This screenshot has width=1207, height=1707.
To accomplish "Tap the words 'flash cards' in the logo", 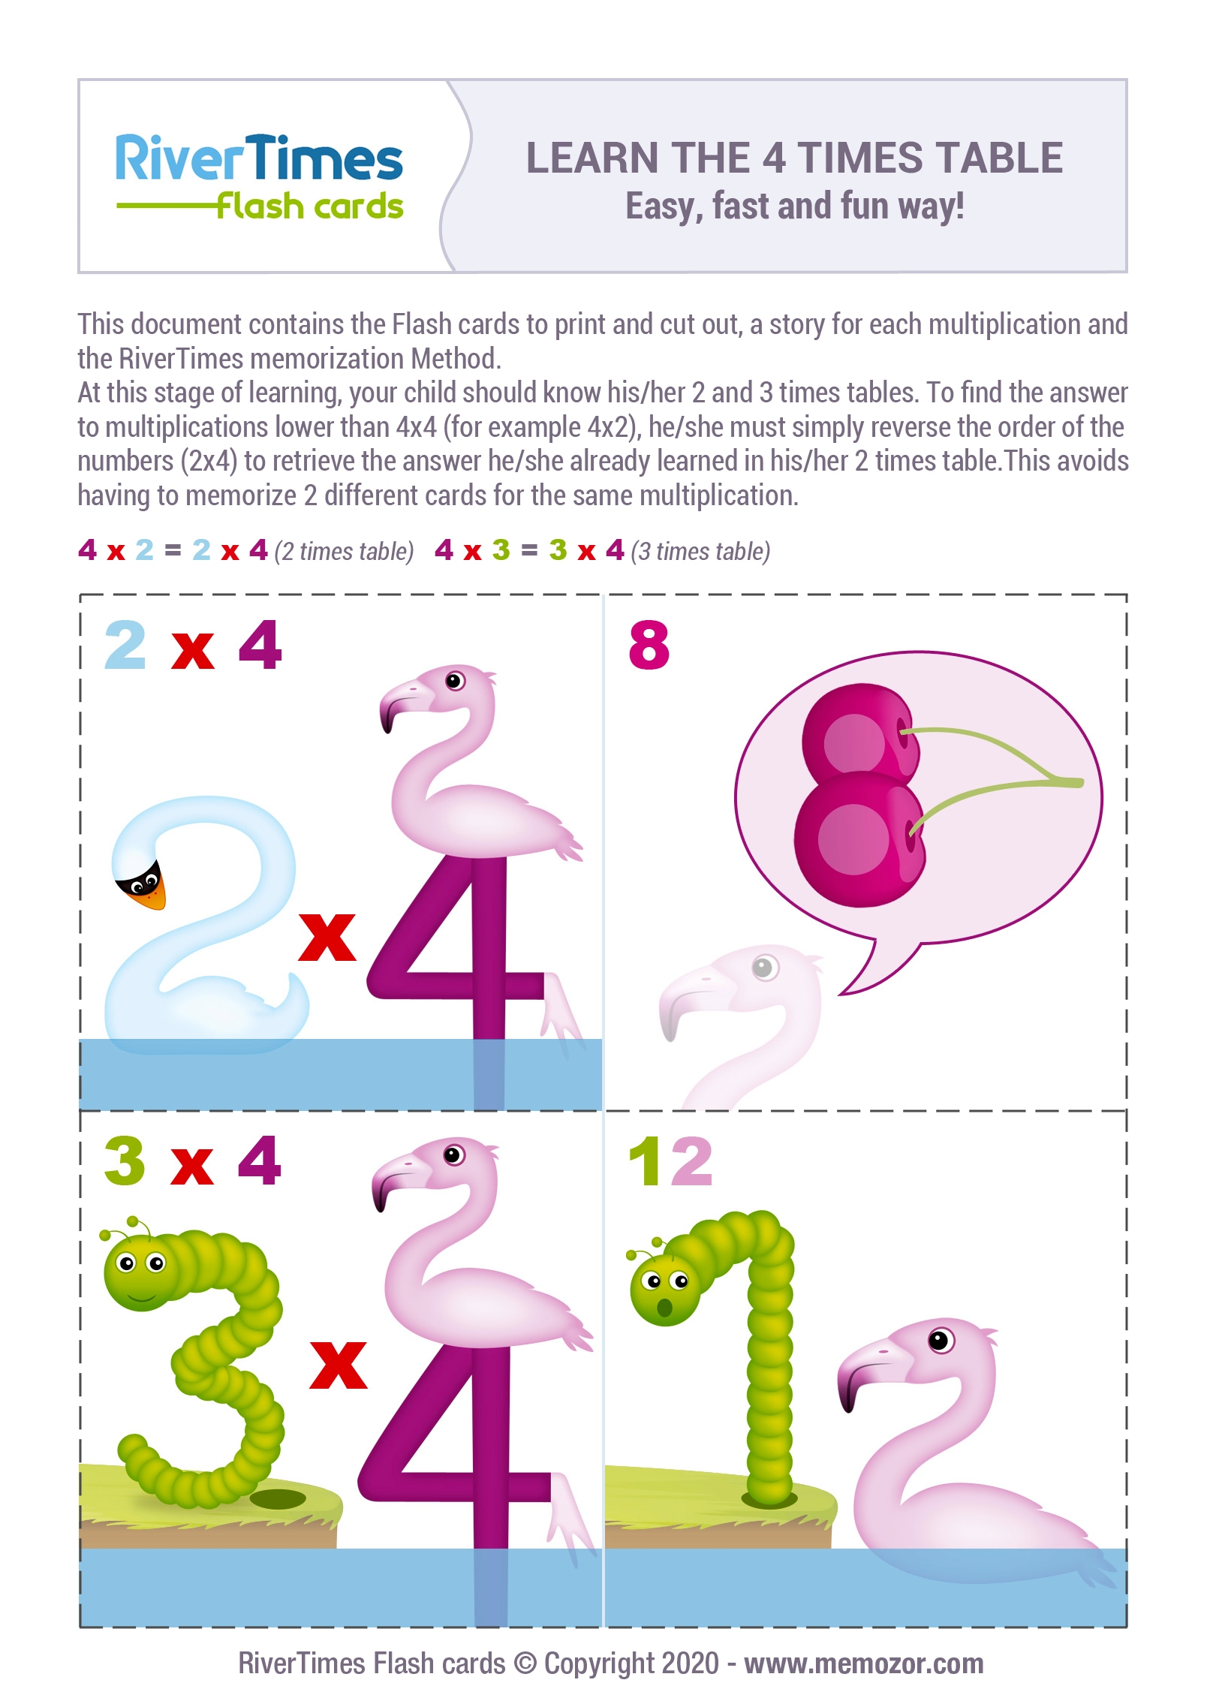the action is coord(310,205).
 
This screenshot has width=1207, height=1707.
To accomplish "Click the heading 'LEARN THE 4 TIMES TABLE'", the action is coord(794,158).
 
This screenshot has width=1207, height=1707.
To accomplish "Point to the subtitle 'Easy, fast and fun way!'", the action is coord(795,206).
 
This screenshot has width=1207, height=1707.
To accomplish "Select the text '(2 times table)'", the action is coord(345,552).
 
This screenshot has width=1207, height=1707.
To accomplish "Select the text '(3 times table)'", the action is coord(701,552).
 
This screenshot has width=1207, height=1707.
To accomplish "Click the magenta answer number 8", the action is coord(649,645).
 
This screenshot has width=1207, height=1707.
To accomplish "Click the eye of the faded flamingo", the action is coord(763,967).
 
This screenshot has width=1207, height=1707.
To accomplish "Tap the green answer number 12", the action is coord(670,1161).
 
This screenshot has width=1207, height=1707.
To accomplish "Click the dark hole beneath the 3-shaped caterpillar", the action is coord(277,1499).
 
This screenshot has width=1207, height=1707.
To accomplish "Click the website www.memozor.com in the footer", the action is coord(864,1663).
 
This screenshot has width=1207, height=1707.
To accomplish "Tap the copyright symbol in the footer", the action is coord(525,1663).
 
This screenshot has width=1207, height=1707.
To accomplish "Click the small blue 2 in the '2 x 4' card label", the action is coord(125,645).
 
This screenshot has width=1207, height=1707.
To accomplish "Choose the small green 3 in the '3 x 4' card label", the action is coord(125,1161).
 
